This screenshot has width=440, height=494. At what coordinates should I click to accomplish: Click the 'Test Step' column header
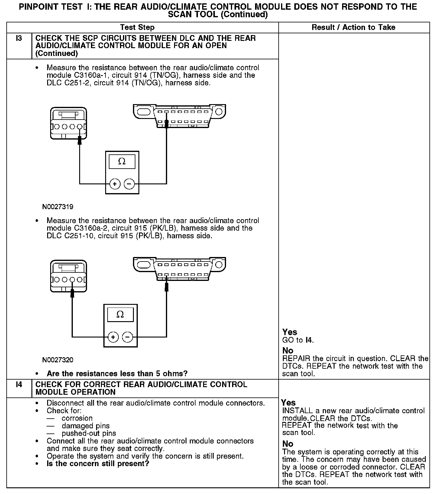137,28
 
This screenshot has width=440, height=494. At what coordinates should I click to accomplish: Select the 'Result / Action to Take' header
353,28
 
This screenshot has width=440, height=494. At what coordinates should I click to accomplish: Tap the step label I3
19,38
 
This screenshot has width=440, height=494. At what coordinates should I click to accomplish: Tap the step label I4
19,385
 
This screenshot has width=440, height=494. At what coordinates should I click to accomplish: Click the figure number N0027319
58,207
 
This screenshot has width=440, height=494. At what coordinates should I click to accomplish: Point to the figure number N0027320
58,360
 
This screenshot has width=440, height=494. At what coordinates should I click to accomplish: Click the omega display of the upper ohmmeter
122,162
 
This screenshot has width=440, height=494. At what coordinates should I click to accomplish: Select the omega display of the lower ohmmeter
120,315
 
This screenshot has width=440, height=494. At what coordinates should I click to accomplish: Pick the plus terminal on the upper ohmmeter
115,184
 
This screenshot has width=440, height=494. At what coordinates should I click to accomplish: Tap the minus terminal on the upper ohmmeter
129,184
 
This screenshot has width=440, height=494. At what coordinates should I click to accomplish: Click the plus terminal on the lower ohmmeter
113,337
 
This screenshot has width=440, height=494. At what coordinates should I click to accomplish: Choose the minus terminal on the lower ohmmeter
128,337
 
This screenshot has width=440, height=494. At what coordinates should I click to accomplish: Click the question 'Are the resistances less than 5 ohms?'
117,374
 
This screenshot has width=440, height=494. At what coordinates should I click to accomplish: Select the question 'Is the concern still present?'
98,464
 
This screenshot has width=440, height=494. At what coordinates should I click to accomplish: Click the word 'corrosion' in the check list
77,418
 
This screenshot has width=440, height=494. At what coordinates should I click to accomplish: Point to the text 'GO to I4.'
298,340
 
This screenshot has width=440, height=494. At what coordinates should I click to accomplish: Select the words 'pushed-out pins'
89,433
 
